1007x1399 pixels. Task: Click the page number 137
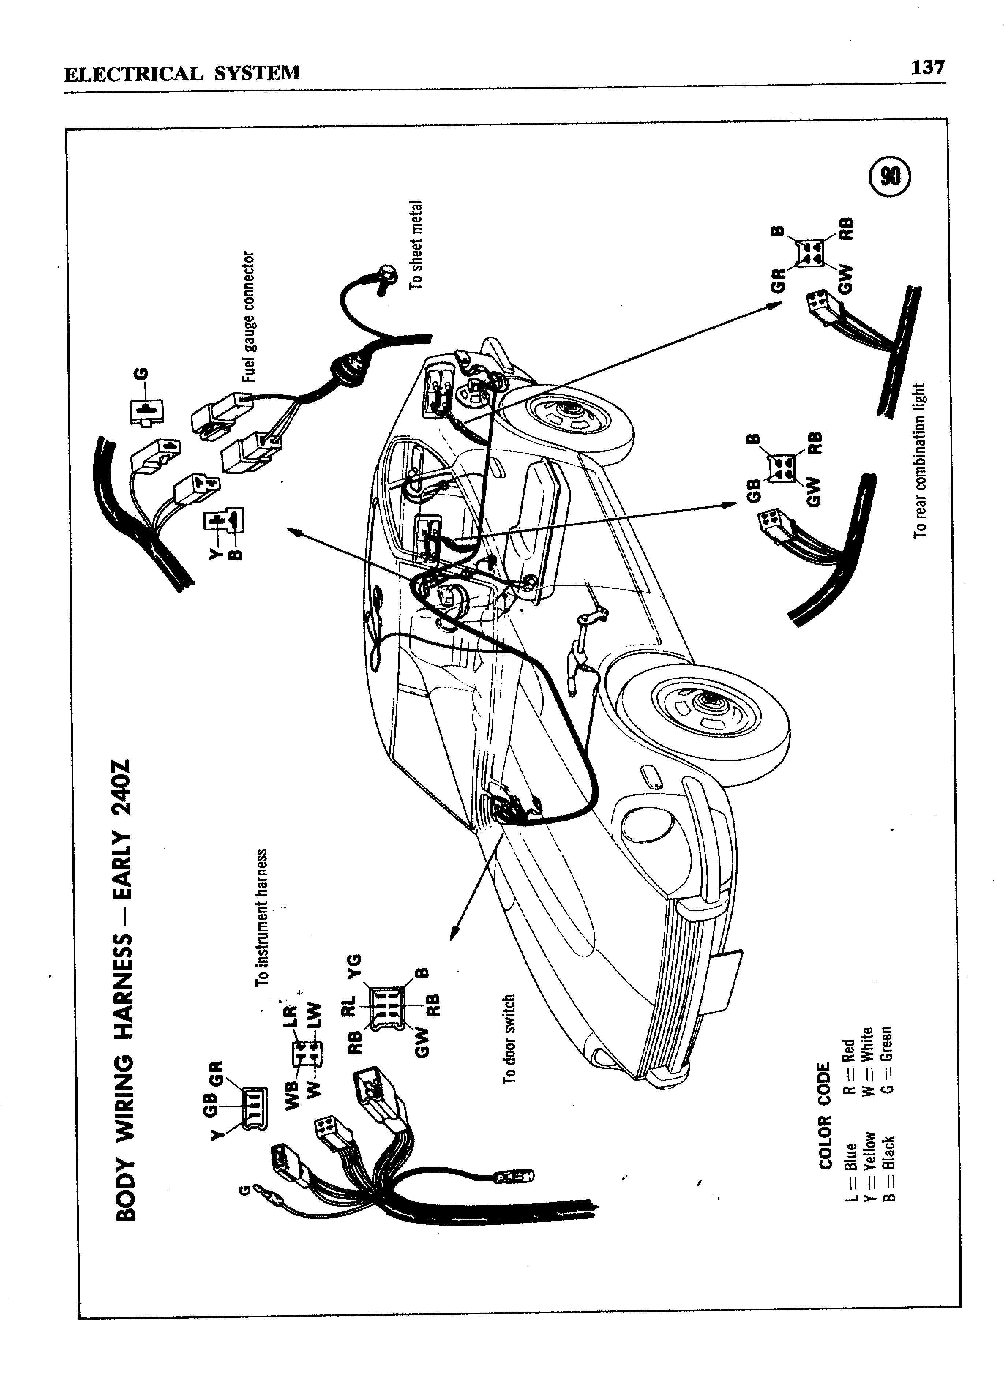pyautogui.click(x=927, y=67)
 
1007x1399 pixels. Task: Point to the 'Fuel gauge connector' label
pyautogui.click(x=248, y=316)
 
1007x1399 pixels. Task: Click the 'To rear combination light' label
pyautogui.click(x=920, y=460)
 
